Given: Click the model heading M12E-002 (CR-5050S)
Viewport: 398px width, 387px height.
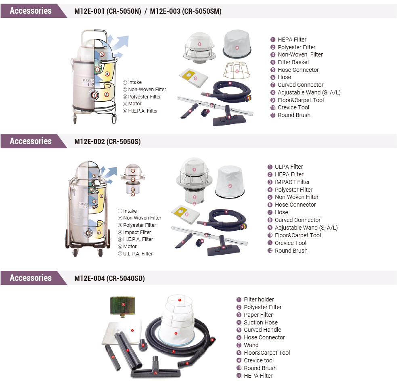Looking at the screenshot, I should pos(107,142).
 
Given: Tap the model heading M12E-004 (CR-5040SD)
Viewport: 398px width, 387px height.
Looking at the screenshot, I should pos(109,278).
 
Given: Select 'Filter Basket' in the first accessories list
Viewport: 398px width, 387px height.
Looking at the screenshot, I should pos(293,62).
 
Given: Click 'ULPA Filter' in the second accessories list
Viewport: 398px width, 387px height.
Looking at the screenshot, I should pos(289,167).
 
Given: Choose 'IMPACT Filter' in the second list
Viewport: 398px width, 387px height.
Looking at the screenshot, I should pos(292,182).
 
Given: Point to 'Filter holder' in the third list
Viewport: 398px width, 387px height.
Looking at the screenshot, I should pos(259,299).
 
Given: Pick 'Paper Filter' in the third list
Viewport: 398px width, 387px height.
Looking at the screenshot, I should pos(258,315).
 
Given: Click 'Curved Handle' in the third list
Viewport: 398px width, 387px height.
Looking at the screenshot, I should pos(262,330).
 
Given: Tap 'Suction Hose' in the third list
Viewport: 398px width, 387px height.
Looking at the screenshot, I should pos(261,322).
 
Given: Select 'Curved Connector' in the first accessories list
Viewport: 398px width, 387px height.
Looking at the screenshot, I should pos(300,85).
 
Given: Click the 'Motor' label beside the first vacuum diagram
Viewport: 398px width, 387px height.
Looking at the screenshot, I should pos(135,104).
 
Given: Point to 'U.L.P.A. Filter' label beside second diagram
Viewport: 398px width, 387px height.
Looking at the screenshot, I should pos(138,254).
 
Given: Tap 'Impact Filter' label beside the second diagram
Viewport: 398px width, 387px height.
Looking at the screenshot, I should pos(137,232).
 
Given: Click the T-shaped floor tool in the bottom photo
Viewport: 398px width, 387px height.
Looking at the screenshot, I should pos(155,369).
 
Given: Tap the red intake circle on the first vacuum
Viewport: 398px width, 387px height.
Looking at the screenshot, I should pos(94,95).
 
